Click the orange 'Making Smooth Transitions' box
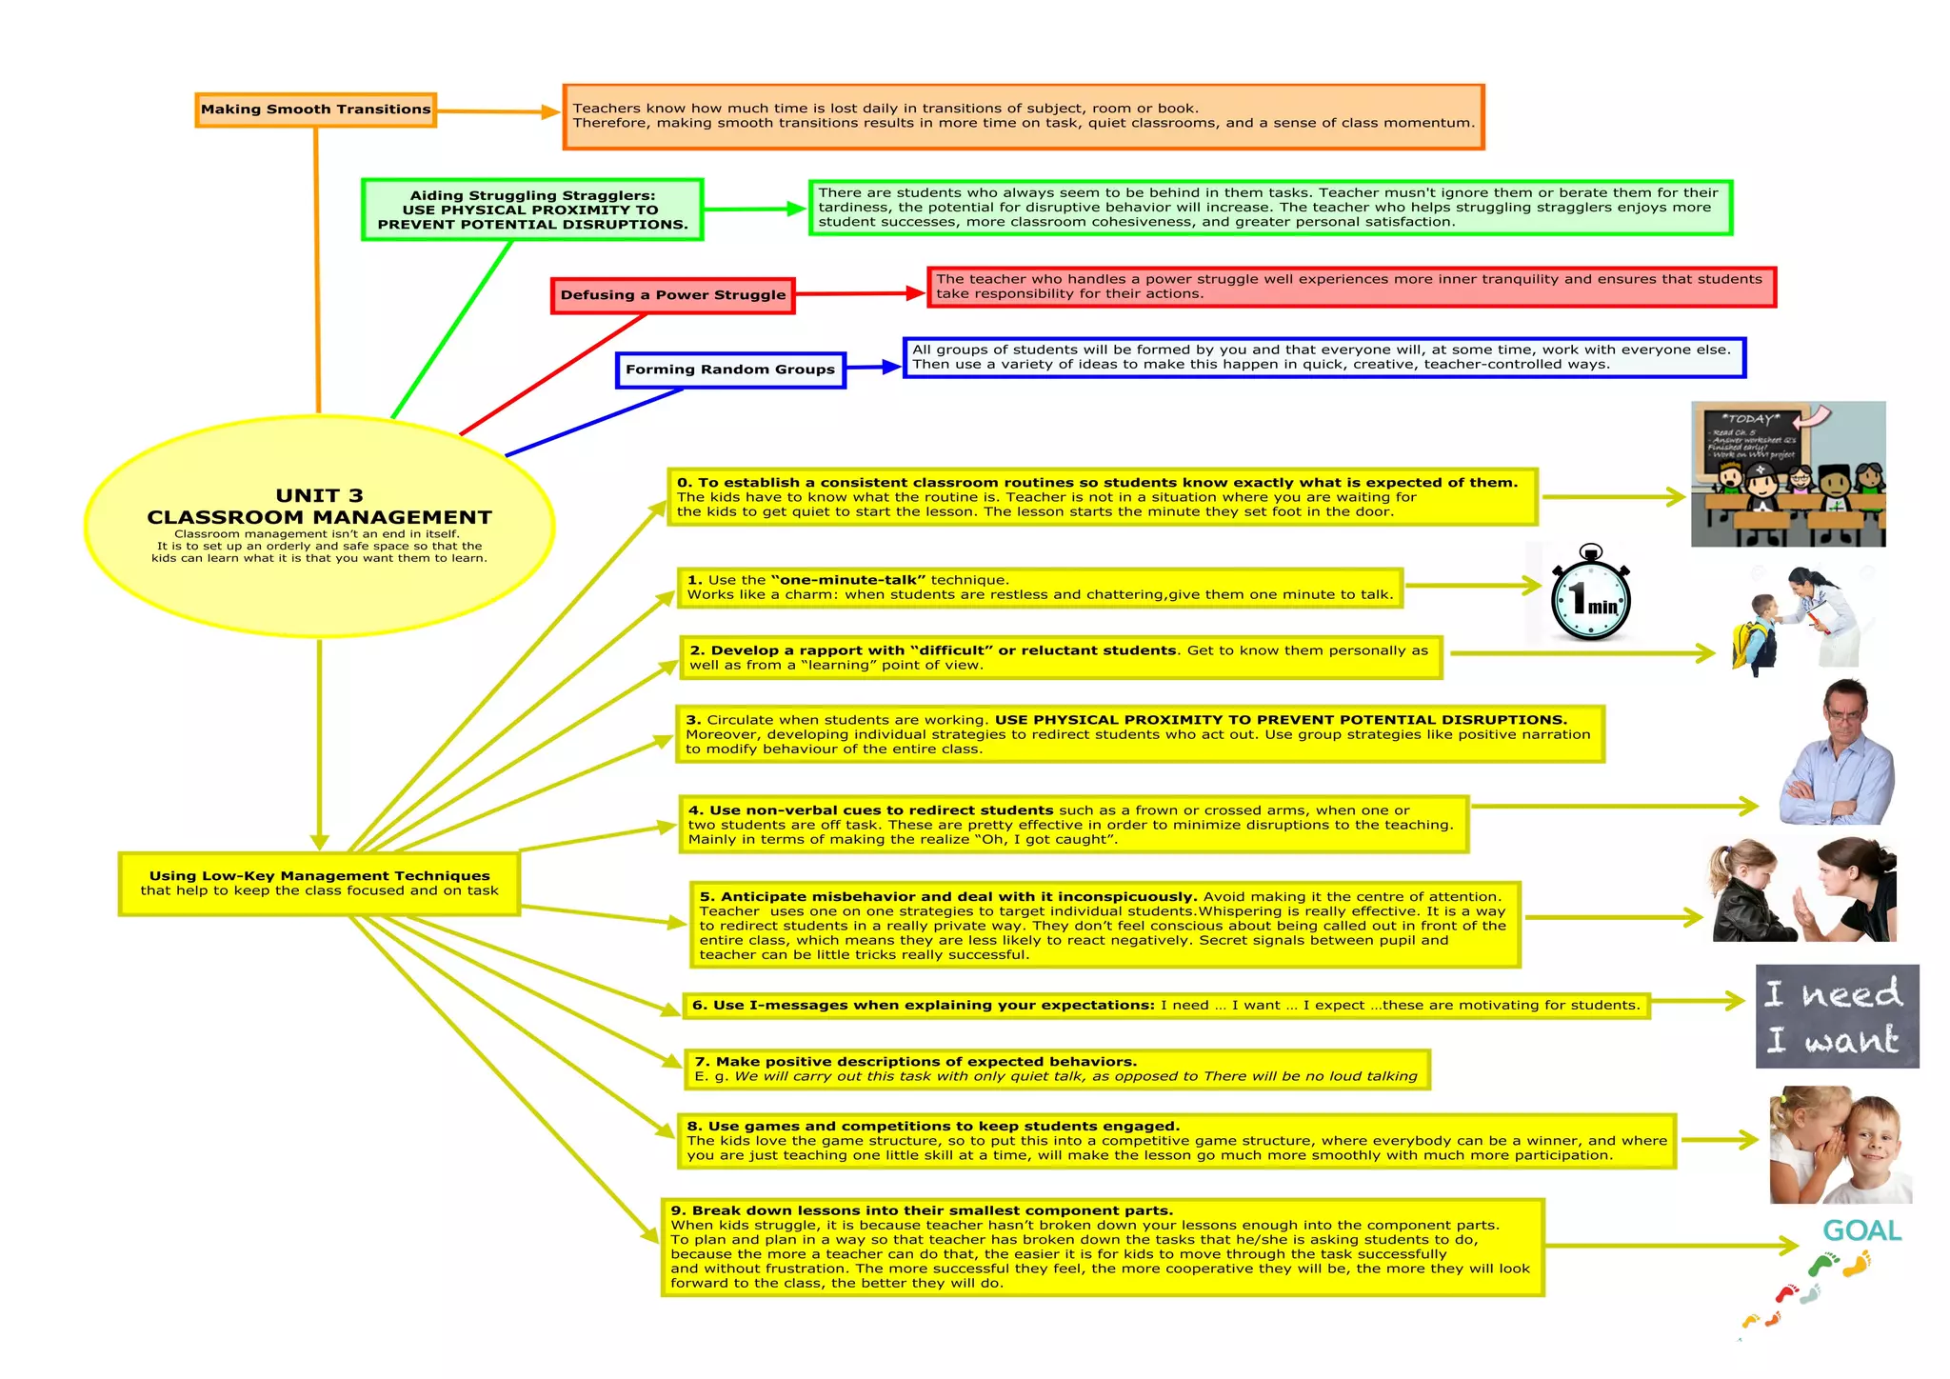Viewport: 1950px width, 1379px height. (x=315, y=110)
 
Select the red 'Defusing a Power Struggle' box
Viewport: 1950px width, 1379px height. (x=673, y=295)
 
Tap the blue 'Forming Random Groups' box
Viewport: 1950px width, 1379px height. (x=730, y=370)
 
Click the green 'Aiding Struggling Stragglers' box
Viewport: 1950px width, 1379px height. (x=532, y=210)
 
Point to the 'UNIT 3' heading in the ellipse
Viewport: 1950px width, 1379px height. (x=319, y=495)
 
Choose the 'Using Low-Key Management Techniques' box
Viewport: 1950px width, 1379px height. (x=319, y=883)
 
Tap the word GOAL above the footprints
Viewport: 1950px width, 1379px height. (x=1861, y=1230)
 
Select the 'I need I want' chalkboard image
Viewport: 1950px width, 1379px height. (x=1837, y=1016)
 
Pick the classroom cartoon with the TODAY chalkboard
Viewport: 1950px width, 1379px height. (x=1787, y=474)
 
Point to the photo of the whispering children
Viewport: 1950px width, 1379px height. (x=1840, y=1145)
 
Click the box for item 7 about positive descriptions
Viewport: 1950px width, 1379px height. (x=1056, y=1069)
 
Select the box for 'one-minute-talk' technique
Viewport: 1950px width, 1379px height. (x=1040, y=588)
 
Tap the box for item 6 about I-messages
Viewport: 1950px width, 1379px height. (x=1165, y=1006)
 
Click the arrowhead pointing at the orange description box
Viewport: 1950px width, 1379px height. (x=550, y=112)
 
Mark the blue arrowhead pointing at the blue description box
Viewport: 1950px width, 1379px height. (x=891, y=367)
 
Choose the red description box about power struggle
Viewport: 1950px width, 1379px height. (x=1351, y=287)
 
